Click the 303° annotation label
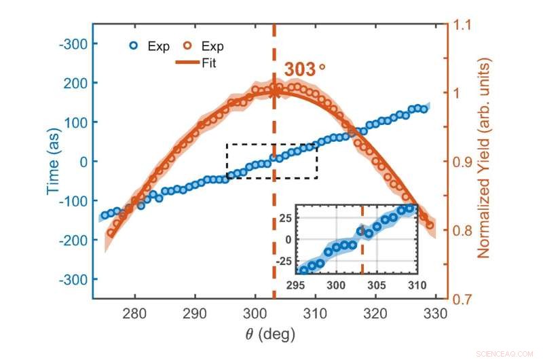tap(305, 70)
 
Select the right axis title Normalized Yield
tap(483, 158)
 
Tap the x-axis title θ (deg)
tap(269, 334)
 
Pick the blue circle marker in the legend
tap(134, 47)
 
